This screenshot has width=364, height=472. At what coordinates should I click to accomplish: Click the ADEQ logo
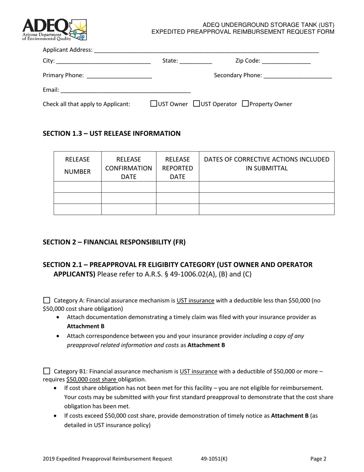54,30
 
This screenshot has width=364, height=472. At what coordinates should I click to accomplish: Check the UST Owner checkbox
154,104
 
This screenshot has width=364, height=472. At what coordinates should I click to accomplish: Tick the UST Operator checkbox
197,104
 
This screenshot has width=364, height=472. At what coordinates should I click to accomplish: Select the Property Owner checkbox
246,104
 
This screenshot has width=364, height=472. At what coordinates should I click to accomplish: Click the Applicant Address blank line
206,50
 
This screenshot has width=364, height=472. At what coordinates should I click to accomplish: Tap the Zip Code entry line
286,61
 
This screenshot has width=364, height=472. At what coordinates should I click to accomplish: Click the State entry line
196,61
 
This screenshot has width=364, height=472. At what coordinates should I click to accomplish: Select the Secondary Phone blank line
298,76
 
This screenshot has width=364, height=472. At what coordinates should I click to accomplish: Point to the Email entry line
125,91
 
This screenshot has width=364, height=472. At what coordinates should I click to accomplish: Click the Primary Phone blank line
119,76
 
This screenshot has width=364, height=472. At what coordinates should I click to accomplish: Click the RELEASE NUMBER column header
77,166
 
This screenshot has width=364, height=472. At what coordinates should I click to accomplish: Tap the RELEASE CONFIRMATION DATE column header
129,168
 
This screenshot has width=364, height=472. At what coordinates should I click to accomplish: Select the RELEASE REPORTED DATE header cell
177,168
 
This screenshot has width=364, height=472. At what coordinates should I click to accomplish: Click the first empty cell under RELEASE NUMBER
77,187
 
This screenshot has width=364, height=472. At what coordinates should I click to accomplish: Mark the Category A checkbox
47,300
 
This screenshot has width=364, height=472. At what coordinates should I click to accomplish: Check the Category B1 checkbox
47,371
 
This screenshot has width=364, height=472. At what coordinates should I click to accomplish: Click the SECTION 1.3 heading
111,134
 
